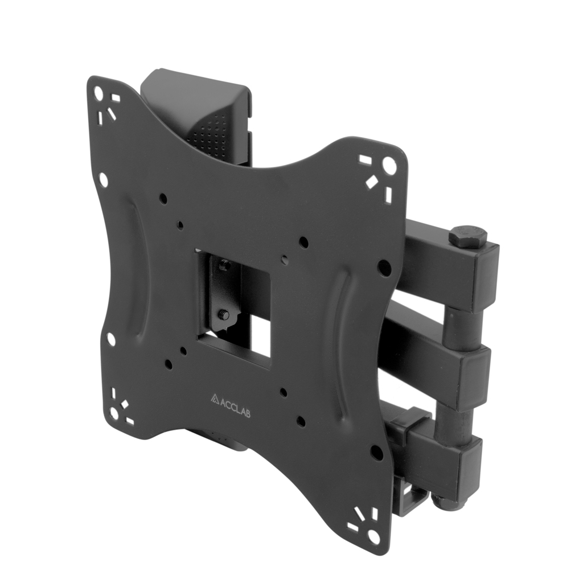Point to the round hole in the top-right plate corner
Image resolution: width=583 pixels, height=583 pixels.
tap(388, 163)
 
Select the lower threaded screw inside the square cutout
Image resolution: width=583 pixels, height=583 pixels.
tap(224, 314)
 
